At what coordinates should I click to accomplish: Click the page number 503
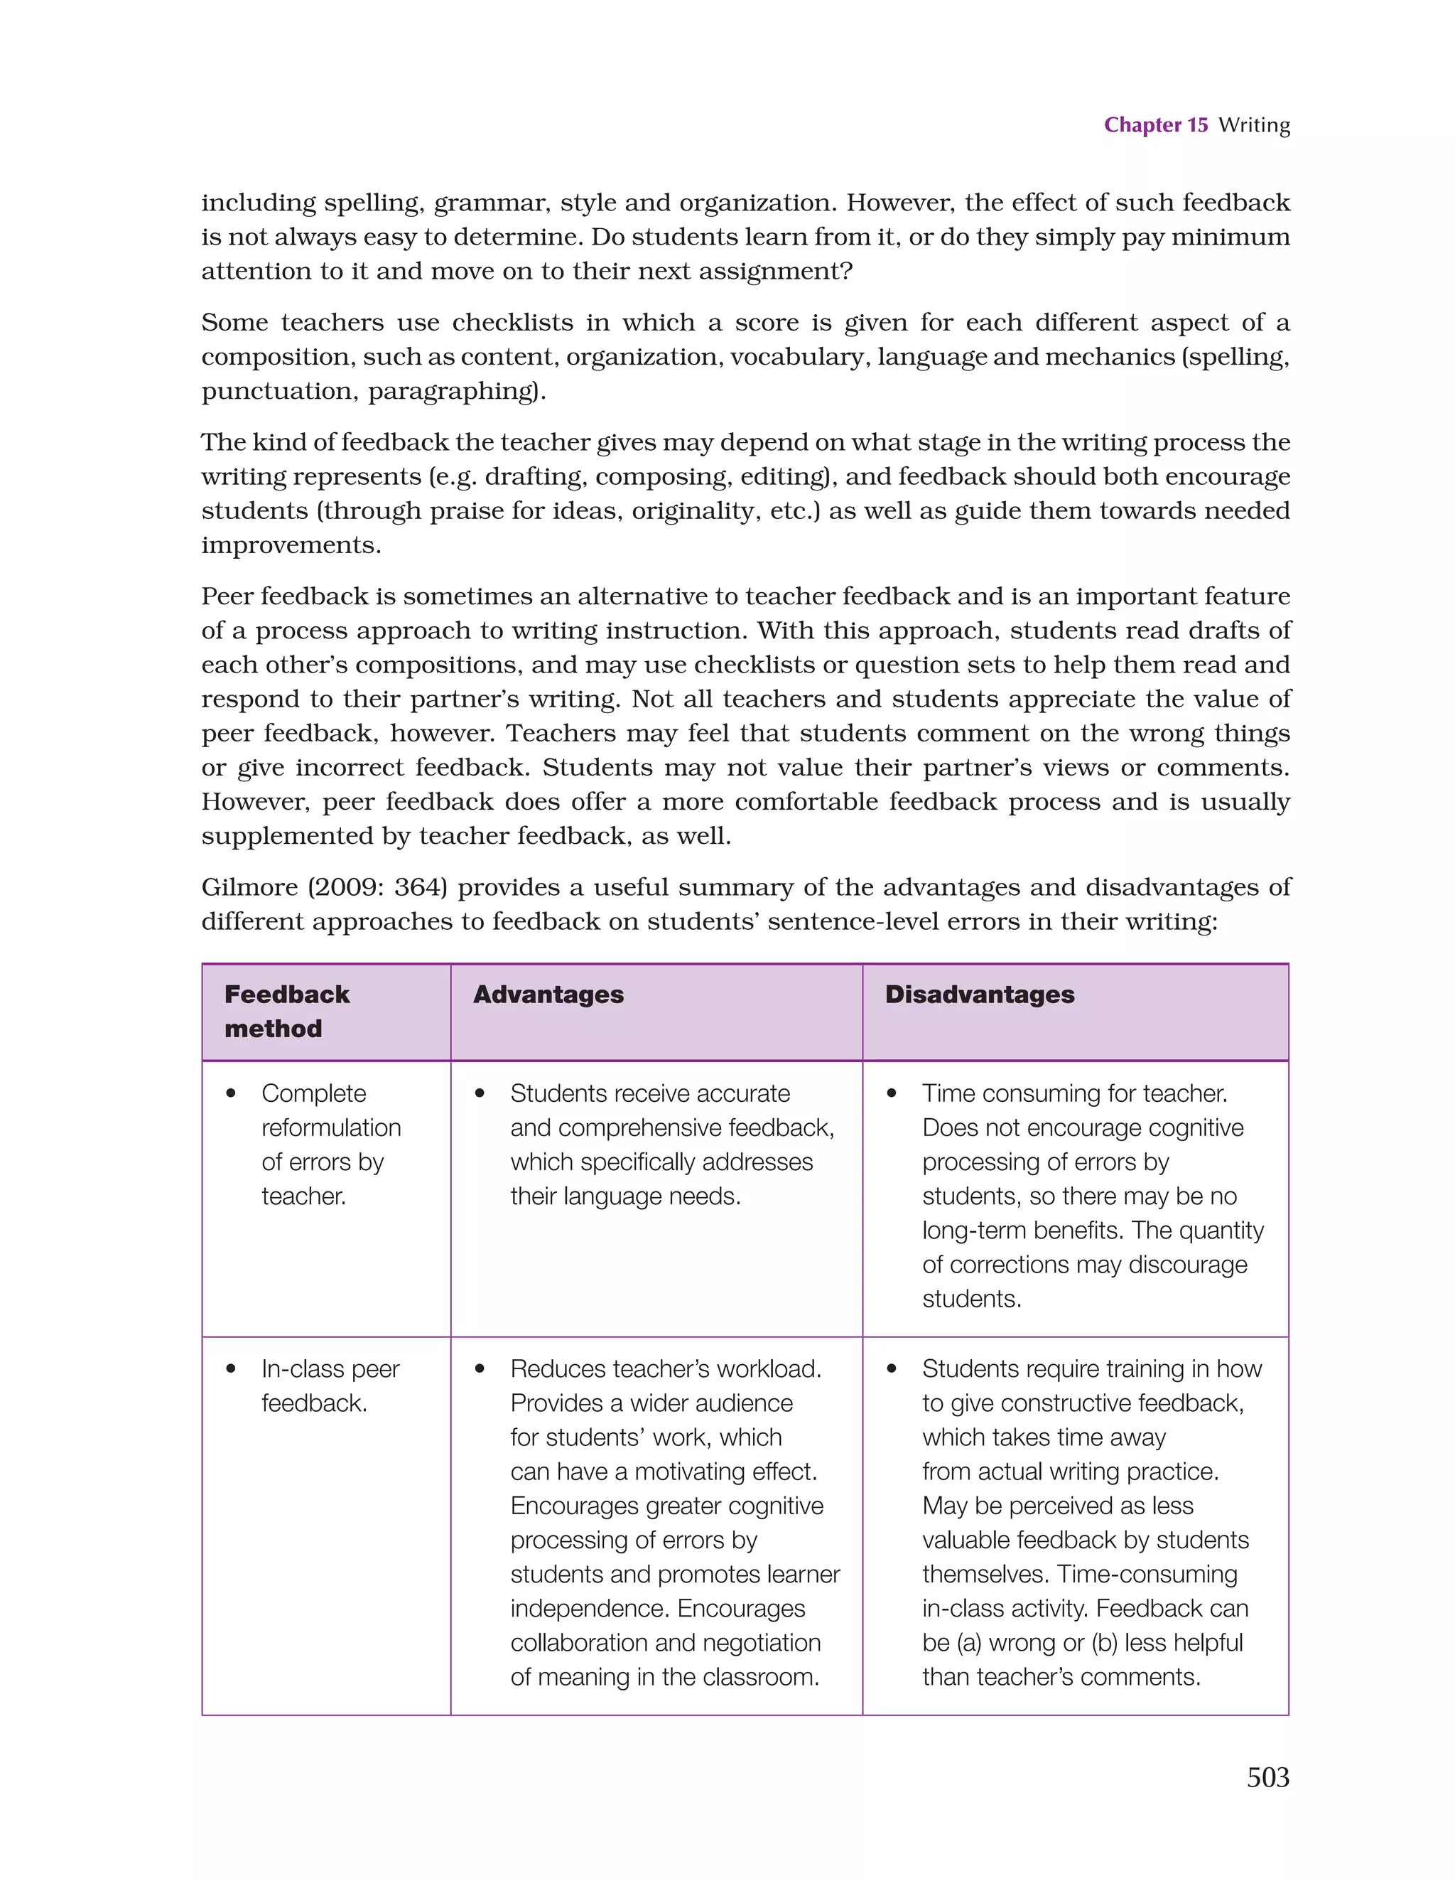pos(1267,1778)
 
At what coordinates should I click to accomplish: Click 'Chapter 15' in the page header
pos(1155,125)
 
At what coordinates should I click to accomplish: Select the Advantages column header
pos(548,995)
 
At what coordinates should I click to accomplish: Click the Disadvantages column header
pos(979,995)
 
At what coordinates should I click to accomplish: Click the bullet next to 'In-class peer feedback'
pos(231,1369)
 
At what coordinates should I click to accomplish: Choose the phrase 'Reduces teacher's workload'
pos(666,1369)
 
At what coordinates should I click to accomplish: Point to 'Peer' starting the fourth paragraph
pos(227,596)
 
